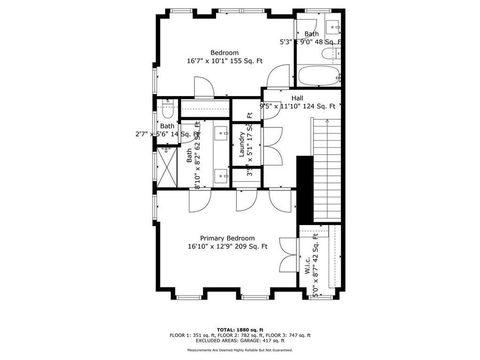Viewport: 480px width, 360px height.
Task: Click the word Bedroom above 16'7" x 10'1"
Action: tap(224, 52)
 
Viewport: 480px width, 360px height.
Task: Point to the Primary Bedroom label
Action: tap(227, 238)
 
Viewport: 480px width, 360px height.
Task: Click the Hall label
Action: tap(297, 98)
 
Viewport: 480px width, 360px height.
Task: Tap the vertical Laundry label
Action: tap(242, 144)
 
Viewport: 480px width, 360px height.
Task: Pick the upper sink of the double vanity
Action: tap(221, 130)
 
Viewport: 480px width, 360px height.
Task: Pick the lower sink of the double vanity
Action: tap(221, 174)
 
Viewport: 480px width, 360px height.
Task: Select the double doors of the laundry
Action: tap(272, 145)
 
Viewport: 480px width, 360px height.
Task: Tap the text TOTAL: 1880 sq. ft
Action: tap(239, 330)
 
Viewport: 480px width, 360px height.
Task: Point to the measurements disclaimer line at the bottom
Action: tap(239, 350)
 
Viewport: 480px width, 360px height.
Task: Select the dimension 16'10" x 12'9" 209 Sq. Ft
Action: tap(227, 246)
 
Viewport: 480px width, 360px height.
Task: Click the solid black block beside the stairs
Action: tap(305, 189)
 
